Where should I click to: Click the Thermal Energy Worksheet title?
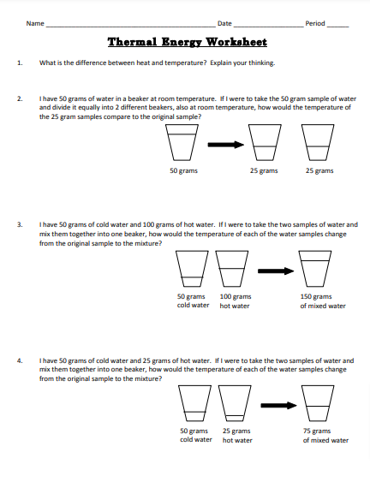pyautogui.click(x=187, y=42)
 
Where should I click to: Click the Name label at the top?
pyautogui.click(x=34, y=23)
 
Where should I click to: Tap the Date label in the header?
pyautogui.click(x=225, y=23)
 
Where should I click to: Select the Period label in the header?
pyautogui.click(x=315, y=23)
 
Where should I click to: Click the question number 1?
pyautogui.click(x=19, y=62)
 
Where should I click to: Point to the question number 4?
pyautogui.click(x=19, y=361)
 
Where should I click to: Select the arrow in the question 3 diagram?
pyautogui.click(x=275, y=271)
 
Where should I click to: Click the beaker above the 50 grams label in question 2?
pyautogui.click(x=185, y=144)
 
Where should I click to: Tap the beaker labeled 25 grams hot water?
pyautogui.click(x=235, y=403)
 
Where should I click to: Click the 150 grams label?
pyautogui.click(x=318, y=296)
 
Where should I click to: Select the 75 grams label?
pyautogui.click(x=318, y=431)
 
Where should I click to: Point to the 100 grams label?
pyautogui.click(x=235, y=296)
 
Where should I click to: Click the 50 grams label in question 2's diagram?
pyautogui.click(x=185, y=171)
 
